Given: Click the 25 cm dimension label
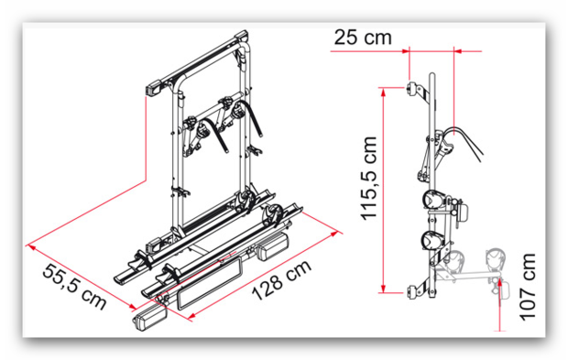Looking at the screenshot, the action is [x=363, y=38].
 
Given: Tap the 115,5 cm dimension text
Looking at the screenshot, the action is [x=369, y=179].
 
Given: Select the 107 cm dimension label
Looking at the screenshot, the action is [x=527, y=288].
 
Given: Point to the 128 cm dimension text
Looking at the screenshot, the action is [x=281, y=280].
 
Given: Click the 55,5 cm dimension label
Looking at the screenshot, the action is [x=74, y=286].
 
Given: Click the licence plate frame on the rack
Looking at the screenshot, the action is [x=209, y=283].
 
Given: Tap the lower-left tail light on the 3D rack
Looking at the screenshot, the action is [x=149, y=319].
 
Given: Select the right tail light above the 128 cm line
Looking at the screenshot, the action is [x=273, y=245].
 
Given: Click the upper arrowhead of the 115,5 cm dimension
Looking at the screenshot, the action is [x=383, y=91].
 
